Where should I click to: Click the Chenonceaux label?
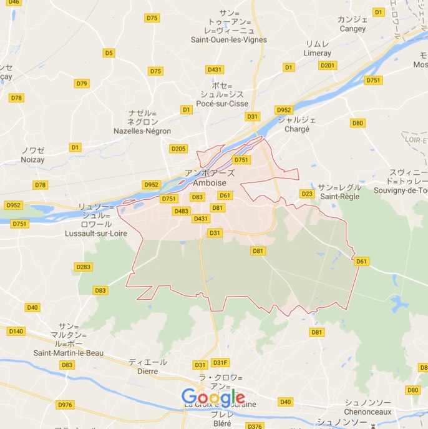[x=369, y=412]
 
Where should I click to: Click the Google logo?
[x=213, y=396]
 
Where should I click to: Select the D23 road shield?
[x=307, y=194]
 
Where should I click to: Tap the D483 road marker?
[x=182, y=211]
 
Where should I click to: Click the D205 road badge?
[x=178, y=149]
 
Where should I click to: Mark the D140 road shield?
[x=17, y=331]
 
